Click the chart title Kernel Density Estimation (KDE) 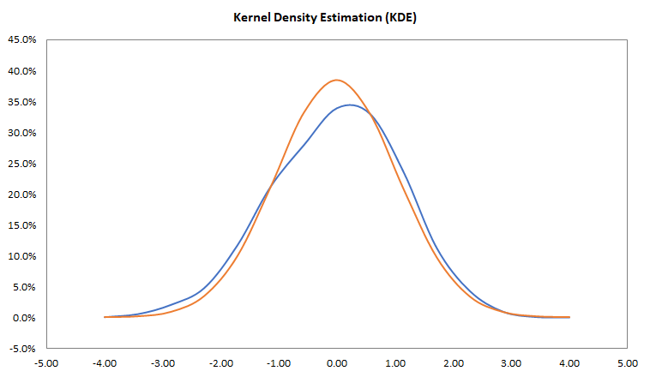tap(324, 17)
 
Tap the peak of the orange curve tap(336, 81)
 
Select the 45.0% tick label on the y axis tap(21, 40)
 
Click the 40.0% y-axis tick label tap(21, 71)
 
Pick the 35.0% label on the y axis tap(21, 102)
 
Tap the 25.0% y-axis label tap(21, 164)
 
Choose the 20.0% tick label tap(21, 194)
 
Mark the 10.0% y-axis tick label tap(21, 256)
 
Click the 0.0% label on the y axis tap(23, 318)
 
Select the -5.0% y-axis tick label tap(21, 349)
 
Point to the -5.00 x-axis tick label tap(46, 362)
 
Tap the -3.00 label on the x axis tap(163, 362)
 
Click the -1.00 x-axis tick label tap(279, 362)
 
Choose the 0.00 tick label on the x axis tap(338, 362)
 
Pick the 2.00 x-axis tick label tap(454, 362)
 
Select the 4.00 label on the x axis tap(570, 362)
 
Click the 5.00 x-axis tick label tap(629, 362)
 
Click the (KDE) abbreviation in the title tap(400, 17)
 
